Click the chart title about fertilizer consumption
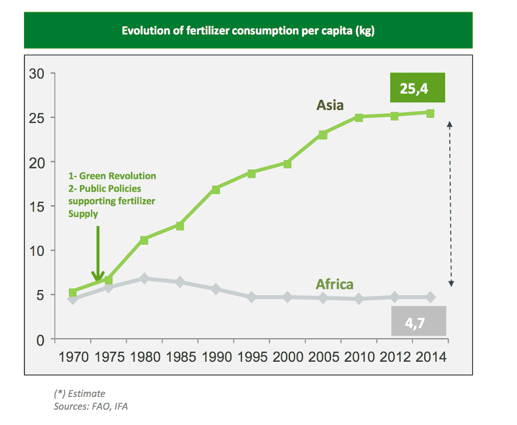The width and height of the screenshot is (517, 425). (248, 31)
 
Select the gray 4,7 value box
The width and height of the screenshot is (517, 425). (419, 321)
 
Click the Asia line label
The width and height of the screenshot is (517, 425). (330, 105)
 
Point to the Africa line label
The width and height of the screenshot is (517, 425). (334, 284)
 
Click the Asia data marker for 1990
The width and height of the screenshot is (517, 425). (215, 190)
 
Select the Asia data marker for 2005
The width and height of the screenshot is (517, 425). (323, 135)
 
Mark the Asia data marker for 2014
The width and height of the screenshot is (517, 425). (430, 113)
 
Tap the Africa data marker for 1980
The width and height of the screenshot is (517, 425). (144, 279)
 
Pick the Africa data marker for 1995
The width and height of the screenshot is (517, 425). (251, 297)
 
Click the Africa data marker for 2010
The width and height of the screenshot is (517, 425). (359, 299)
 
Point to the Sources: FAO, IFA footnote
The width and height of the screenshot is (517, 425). (91, 407)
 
